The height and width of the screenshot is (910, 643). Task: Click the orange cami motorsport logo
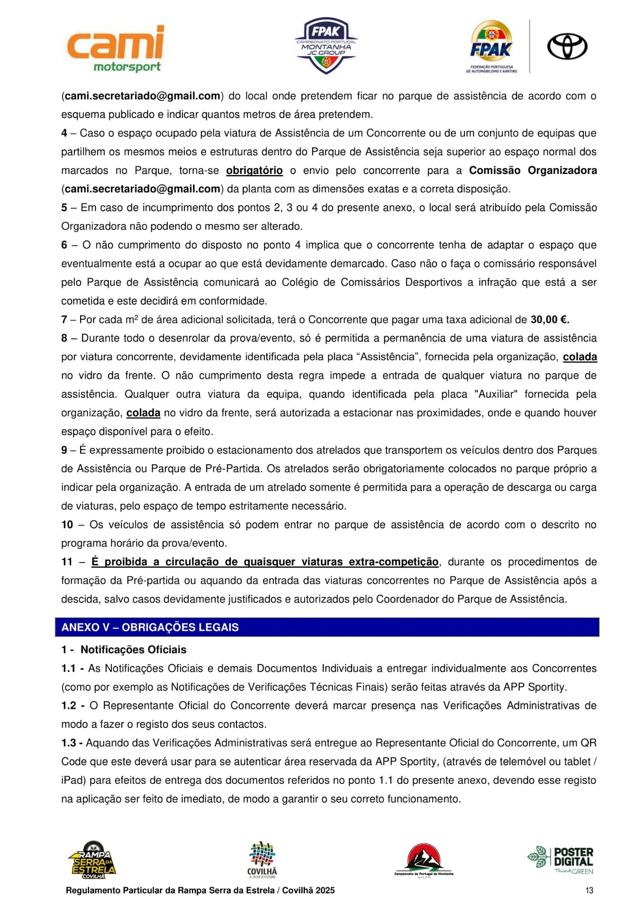(x=116, y=49)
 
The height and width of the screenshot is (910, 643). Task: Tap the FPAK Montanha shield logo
(x=326, y=46)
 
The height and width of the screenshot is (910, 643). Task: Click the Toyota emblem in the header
(x=567, y=46)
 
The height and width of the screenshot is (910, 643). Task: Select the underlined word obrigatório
(x=254, y=171)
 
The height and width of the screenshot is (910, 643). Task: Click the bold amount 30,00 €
(x=550, y=320)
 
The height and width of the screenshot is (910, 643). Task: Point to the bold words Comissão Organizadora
(x=533, y=171)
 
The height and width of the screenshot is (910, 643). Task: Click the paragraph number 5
(x=64, y=208)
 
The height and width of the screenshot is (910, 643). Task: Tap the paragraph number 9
(x=64, y=450)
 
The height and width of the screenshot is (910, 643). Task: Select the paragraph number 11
(x=67, y=562)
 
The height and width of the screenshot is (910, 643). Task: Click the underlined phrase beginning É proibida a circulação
(x=265, y=562)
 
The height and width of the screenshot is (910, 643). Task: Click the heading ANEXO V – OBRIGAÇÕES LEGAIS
(x=150, y=628)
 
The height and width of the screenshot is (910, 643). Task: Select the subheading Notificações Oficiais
(x=133, y=650)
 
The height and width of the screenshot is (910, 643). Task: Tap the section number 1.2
(x=69, y=706)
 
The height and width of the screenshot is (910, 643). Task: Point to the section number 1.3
(x=69, y=743)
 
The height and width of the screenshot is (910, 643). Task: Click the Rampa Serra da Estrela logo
(x=92, y=860)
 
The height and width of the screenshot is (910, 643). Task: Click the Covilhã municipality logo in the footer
(x=262, y=860)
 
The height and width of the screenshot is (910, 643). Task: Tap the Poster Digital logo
(x=561, y=860)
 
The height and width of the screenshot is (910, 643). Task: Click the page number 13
(x=589, y=891)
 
